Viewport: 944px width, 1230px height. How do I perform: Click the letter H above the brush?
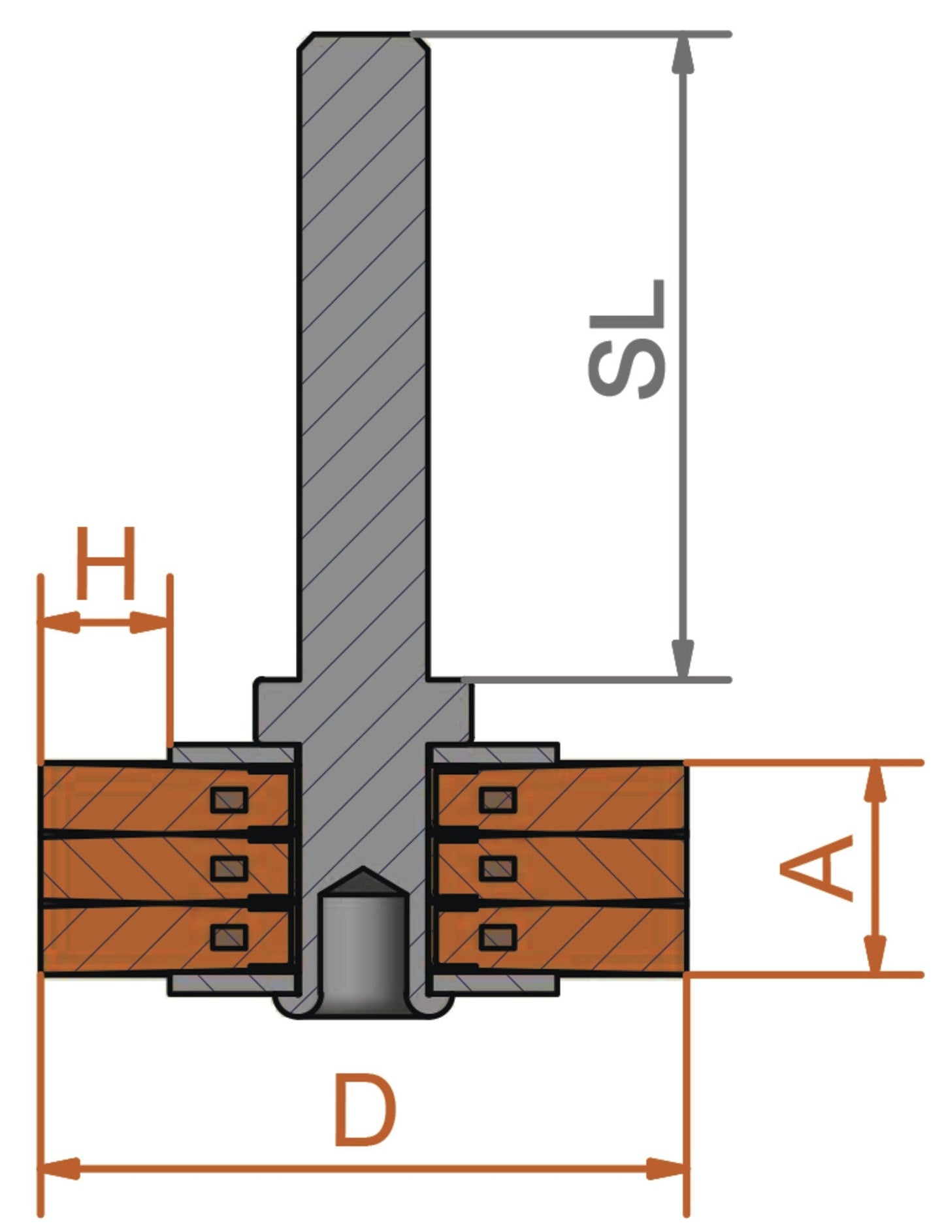[x=106, y=563]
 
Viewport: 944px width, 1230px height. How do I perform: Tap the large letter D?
[x=364, y=1112]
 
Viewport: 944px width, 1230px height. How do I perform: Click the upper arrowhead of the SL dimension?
[x=683, y=54]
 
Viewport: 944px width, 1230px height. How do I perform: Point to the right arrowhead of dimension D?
[x=666, y=1169]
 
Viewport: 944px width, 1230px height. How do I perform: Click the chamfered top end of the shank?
[x=363, y=39]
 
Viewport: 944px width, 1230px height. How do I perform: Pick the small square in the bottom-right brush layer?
[x=498, y=938]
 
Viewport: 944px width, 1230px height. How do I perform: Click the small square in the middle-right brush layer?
[x=498, y=868]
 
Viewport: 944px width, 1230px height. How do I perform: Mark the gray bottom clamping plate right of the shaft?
[x=494, y=985]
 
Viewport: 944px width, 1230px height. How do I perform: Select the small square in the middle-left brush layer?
[x=229, y=868]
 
